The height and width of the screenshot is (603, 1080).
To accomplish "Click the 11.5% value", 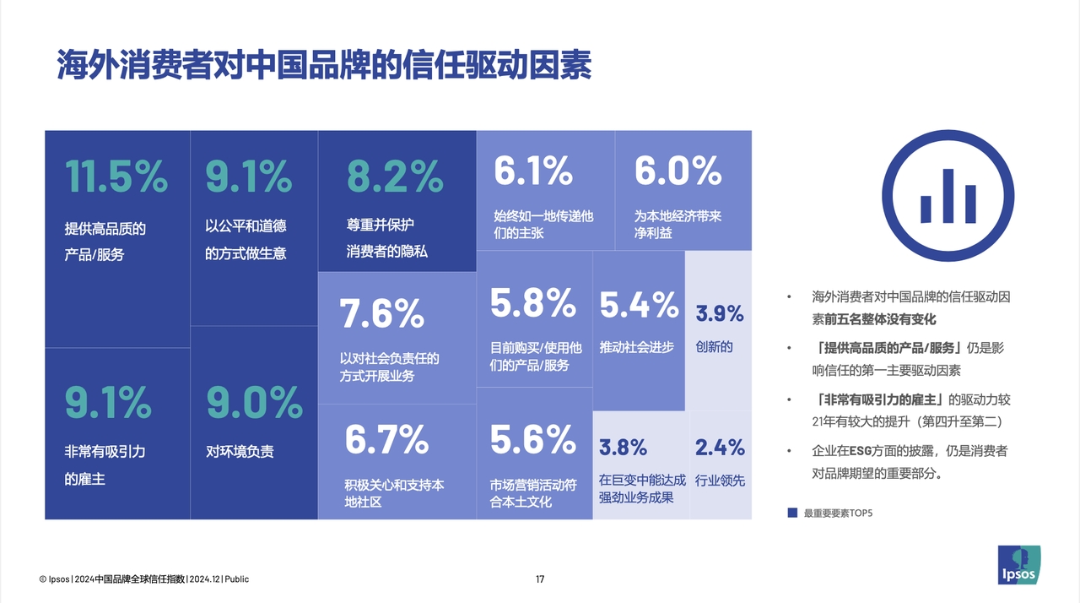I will click(116, 177).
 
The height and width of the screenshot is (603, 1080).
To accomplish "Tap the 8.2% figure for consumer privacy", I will click(395, 177).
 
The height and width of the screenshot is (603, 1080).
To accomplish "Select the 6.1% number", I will click(533, 171).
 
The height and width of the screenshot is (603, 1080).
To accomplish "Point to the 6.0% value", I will click(678, 171).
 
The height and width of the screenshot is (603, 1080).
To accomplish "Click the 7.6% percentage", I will click(381, 315).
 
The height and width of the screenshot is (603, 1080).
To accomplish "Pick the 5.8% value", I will click(532, 303).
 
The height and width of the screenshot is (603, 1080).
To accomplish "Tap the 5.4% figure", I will click(639, 305).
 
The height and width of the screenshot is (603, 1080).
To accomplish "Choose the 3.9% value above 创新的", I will click(720, 314).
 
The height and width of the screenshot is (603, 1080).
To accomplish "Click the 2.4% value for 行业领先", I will click(720, 447).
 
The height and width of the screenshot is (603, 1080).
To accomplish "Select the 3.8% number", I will click(623, 447).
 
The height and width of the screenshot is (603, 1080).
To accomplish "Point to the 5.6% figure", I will click(532, 439).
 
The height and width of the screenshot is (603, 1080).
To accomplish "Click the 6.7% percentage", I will click(386, 439).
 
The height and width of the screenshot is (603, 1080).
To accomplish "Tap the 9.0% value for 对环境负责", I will click(255, 403).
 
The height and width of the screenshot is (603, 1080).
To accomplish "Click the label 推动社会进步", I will click(637, 347).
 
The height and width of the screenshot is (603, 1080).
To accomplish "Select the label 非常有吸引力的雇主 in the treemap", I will click(105, 465).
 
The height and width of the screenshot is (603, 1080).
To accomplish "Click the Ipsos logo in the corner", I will click(1019, 565).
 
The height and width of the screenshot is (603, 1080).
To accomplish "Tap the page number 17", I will click(540, 579).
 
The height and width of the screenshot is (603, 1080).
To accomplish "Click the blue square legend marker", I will click(792, 513).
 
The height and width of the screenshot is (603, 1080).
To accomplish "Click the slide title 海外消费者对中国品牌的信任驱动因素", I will click(325, 65).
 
